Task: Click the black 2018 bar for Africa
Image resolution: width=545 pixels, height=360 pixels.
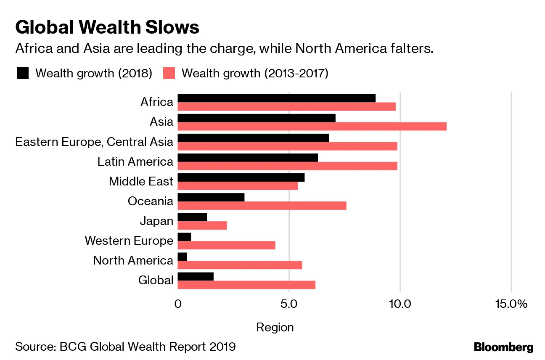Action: [276, 98]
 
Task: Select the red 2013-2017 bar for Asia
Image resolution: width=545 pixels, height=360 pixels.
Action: [312, 126]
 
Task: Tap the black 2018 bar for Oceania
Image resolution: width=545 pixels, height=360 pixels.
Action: [211, 197]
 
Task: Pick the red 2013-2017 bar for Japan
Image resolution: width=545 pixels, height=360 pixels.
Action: [202, 225]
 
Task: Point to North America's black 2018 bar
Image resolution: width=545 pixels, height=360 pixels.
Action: [182, 257]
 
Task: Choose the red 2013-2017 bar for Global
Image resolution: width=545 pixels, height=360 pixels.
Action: [246, 285]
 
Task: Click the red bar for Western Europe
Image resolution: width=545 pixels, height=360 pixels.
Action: [226, 245]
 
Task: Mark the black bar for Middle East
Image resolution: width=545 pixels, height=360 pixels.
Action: [241, 177]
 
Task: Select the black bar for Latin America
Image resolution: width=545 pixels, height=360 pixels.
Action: [248, 158]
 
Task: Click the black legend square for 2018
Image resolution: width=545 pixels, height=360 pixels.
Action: [22, 73]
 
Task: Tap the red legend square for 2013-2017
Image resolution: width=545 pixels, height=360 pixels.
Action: [169, 73]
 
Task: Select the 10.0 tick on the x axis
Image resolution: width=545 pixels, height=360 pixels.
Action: [400, 304]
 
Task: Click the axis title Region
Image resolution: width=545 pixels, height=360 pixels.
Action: [275, 327]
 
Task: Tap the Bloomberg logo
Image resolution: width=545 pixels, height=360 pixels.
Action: [503, 347]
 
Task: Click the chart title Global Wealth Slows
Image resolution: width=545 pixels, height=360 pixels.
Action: [107, 27]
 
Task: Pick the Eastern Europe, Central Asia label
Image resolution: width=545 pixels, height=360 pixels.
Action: [94, 142]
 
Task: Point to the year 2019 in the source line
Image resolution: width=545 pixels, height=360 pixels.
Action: [222, 347]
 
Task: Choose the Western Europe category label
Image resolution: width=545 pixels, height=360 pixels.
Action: [129, 241]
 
